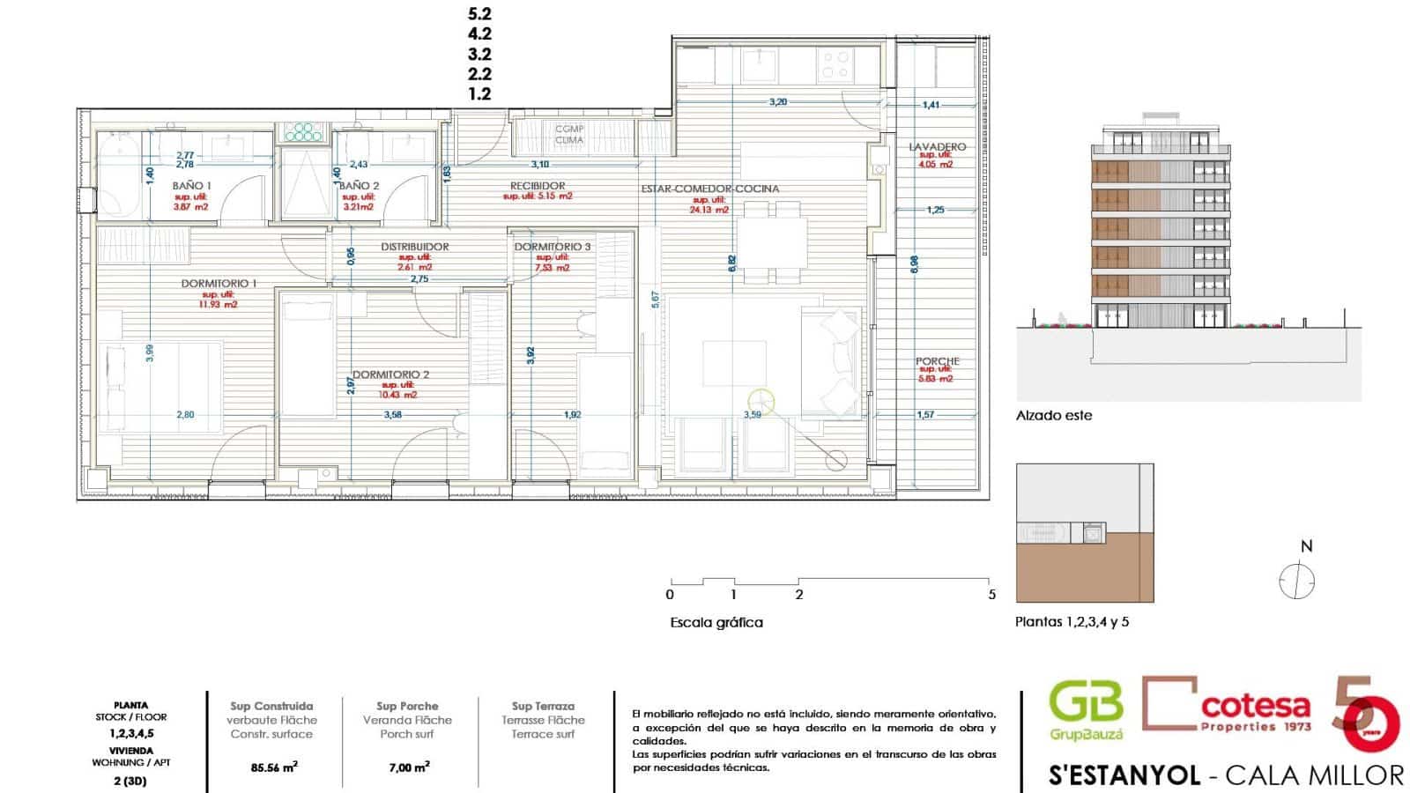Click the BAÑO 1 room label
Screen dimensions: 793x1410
tap(191, 186)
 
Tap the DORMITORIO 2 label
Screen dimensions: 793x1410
tap(390, 374)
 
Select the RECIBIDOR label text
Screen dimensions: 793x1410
tap(538, 186)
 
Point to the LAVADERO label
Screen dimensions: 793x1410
tap(937, 147)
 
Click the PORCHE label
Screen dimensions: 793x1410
tap(937, 361)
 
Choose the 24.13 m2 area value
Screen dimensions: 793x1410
tap(710, 210)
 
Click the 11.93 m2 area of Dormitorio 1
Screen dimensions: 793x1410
tap(219, 305)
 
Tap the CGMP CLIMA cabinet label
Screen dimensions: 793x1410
tap(569, 135)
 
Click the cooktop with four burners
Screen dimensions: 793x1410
tap(835, 63)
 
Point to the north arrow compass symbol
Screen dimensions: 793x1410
tap(1296, 581)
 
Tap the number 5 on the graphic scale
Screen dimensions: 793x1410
tap(991, 595)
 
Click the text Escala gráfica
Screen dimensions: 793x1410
tap(716, 623)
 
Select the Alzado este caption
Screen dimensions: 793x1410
tap(1053, 416)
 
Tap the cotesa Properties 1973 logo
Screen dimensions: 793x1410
tap(1228, 705)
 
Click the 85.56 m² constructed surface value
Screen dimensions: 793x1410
tap(274, 767)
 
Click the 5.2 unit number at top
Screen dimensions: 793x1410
tap(479, 14)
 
